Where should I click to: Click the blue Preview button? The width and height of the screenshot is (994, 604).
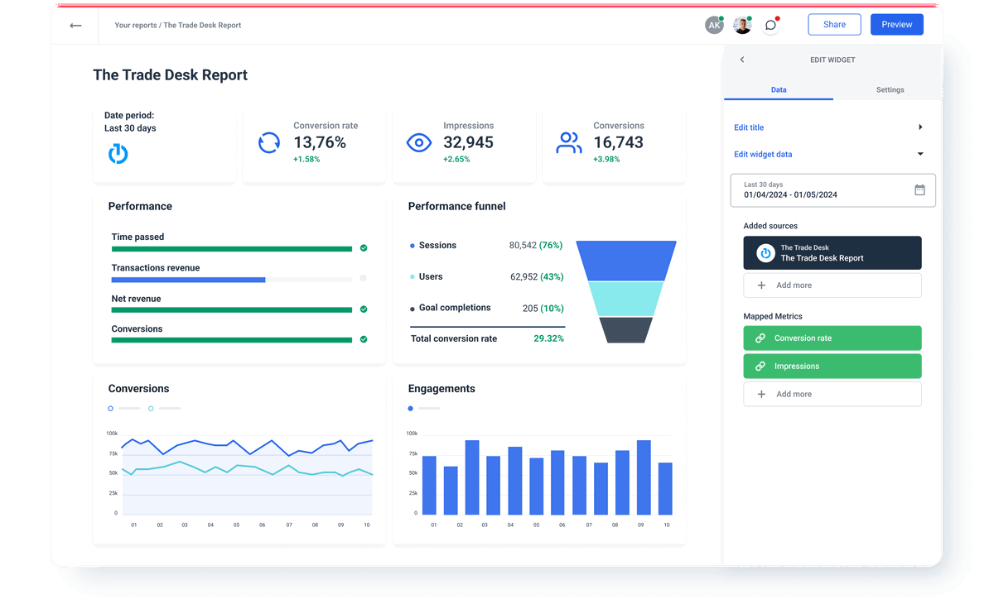[896, 25]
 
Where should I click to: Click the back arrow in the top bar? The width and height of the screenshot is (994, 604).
[75, 26]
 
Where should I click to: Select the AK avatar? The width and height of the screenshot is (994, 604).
[713, 26]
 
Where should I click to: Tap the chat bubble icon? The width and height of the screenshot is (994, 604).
[770, 26]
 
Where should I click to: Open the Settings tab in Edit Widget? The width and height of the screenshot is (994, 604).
[890, 89]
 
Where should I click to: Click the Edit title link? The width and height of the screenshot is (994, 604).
[749, 127]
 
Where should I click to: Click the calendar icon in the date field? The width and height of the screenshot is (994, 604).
[919, 189]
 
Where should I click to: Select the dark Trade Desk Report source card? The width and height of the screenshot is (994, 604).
[832, 253]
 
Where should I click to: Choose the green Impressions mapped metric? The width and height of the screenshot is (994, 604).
[832, 366]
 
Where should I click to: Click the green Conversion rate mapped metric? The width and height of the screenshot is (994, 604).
[832, 338]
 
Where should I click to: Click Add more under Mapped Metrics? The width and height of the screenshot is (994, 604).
[832, 394]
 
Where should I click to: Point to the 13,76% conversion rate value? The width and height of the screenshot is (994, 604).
[320, 142]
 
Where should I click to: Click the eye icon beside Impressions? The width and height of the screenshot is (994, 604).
[419, 143]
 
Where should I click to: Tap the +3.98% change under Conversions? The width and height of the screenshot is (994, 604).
[606, 159]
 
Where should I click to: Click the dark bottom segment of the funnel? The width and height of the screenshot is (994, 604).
[626, 330]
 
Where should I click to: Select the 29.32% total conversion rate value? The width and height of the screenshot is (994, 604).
[548, 338]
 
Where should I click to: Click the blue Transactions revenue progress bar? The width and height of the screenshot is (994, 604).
[188, 280]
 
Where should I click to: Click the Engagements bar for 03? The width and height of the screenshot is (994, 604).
[472, 477]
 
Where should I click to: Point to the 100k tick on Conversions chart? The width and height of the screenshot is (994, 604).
[112, 433]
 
